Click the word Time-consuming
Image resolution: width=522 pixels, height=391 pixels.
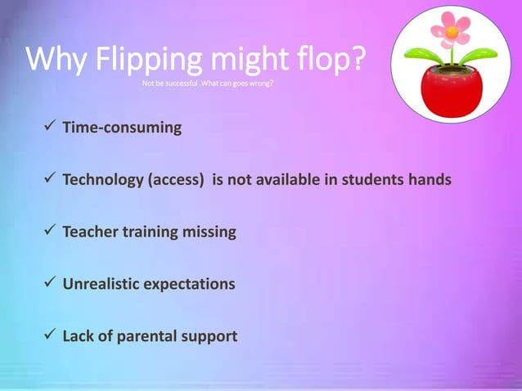122,128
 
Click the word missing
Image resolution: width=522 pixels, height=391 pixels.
209,232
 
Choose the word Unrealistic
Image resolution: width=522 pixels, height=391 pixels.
102,284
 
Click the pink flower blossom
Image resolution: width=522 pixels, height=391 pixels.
451,30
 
